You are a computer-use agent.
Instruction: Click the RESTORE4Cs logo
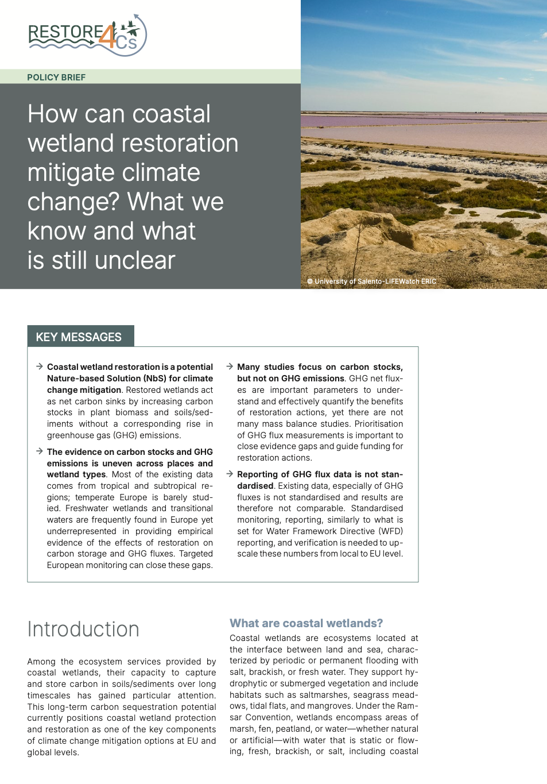click(x=87, y=36)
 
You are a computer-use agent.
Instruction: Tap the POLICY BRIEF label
click(x=56, y=78)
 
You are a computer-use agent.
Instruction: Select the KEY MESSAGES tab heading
click(x=79, y=337)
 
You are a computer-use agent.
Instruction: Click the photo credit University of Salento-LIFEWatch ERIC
click(x=372, y=281)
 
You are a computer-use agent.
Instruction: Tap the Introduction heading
click(x=83, y=629)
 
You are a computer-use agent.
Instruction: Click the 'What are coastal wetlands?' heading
click(x=306, y=623)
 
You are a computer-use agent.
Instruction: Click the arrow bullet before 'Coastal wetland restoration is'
click(x=40, y=366)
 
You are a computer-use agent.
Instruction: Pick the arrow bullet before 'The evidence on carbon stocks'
click(x=40, y=451)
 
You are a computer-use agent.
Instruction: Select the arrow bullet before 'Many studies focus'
click(x=230, y=366)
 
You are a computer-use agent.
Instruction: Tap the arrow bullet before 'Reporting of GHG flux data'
click(x=230, y=474)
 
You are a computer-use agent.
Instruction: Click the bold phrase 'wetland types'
click(x=76, y=474)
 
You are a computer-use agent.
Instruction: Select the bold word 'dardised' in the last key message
click(x=255, y=486)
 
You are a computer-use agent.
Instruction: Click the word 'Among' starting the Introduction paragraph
click(x=41, y=662)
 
